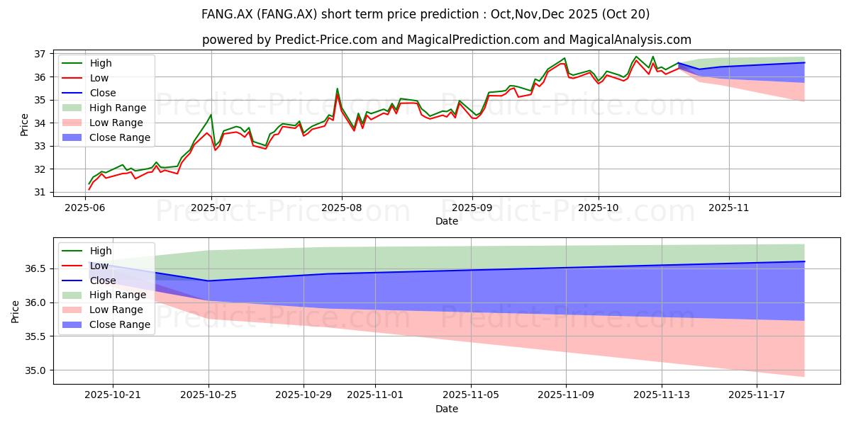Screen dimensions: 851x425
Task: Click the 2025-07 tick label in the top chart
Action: [x=211, y=208]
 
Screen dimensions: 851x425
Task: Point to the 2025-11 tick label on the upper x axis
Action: [x=729, y=208]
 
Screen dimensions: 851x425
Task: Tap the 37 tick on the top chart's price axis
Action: [x=40, y=54]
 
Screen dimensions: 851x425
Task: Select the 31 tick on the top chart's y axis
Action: [x=40, y=192]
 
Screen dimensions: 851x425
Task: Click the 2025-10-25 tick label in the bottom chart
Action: [x=208, y=395]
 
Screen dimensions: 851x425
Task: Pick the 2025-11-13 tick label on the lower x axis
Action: [x=662, y=395]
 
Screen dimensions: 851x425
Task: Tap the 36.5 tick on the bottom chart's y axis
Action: [x=35, y=268]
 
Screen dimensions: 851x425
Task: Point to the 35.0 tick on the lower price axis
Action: [x=35, y=370]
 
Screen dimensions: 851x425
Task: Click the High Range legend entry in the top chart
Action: [x=104, y=108]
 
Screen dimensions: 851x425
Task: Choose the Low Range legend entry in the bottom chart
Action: [x=103, y=310]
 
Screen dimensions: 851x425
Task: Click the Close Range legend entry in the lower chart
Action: [x=106, y=324]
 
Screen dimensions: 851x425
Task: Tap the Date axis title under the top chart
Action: [x=446, y=221]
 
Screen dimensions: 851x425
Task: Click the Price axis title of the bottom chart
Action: [x=15, y=312]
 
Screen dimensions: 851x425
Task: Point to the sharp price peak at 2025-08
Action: [x=337, y=89]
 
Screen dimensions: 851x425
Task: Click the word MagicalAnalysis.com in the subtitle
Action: [x=630, y=40]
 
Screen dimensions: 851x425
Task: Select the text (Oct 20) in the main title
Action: [x=625, y=14]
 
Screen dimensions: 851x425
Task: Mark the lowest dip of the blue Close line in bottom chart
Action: [x=208, y=280]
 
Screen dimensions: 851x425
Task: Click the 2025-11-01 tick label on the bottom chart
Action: [x=375, y=395]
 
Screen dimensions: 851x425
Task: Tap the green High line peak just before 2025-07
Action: [x=211, y=115]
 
